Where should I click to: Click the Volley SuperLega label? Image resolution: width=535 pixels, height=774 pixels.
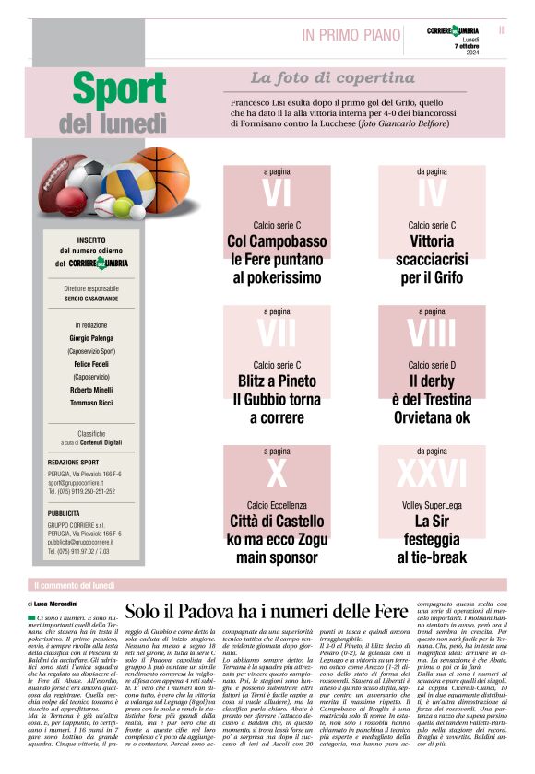431,506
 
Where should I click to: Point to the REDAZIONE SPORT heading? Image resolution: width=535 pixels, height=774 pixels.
72,463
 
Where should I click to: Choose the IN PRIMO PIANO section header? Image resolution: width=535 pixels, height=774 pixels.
351,35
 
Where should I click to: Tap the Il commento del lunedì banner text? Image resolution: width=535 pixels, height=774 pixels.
74,585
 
